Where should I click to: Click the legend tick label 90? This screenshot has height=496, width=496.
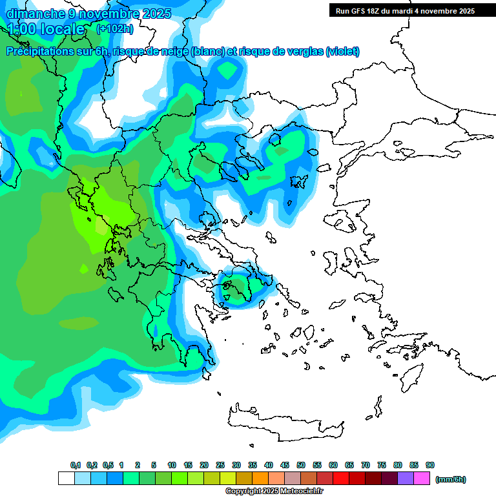430,465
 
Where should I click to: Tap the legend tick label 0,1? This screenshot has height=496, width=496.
75,465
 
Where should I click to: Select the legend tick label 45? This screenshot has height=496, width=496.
285,465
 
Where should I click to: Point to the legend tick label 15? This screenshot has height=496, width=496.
188,465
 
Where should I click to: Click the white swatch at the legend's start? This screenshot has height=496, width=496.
66,479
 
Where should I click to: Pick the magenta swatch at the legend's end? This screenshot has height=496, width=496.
422,479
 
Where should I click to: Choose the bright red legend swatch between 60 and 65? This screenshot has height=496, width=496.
341,479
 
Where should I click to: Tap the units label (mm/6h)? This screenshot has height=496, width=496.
451,479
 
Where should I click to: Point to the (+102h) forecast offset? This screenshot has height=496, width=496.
114,28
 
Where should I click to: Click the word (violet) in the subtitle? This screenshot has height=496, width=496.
342,52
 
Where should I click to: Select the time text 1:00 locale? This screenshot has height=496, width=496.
46,29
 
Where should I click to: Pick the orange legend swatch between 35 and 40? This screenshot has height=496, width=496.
260,479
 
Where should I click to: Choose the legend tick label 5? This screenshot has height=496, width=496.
154,465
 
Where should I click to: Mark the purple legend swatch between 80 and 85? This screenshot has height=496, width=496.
406,479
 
